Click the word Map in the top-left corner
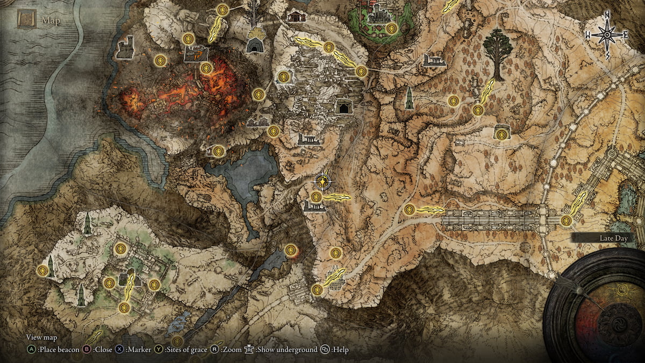pos(52,22)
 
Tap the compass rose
pos(607,35)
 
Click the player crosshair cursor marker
pos(322,183)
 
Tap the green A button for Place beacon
pos(31,350)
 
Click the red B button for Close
pos(85,350)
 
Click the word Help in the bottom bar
pos(340,350)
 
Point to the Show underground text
pos(286,350)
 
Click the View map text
pos(41,338)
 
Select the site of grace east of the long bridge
pos(566,220)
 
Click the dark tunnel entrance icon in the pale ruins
pos(342,107)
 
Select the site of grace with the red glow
pos(291,250)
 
